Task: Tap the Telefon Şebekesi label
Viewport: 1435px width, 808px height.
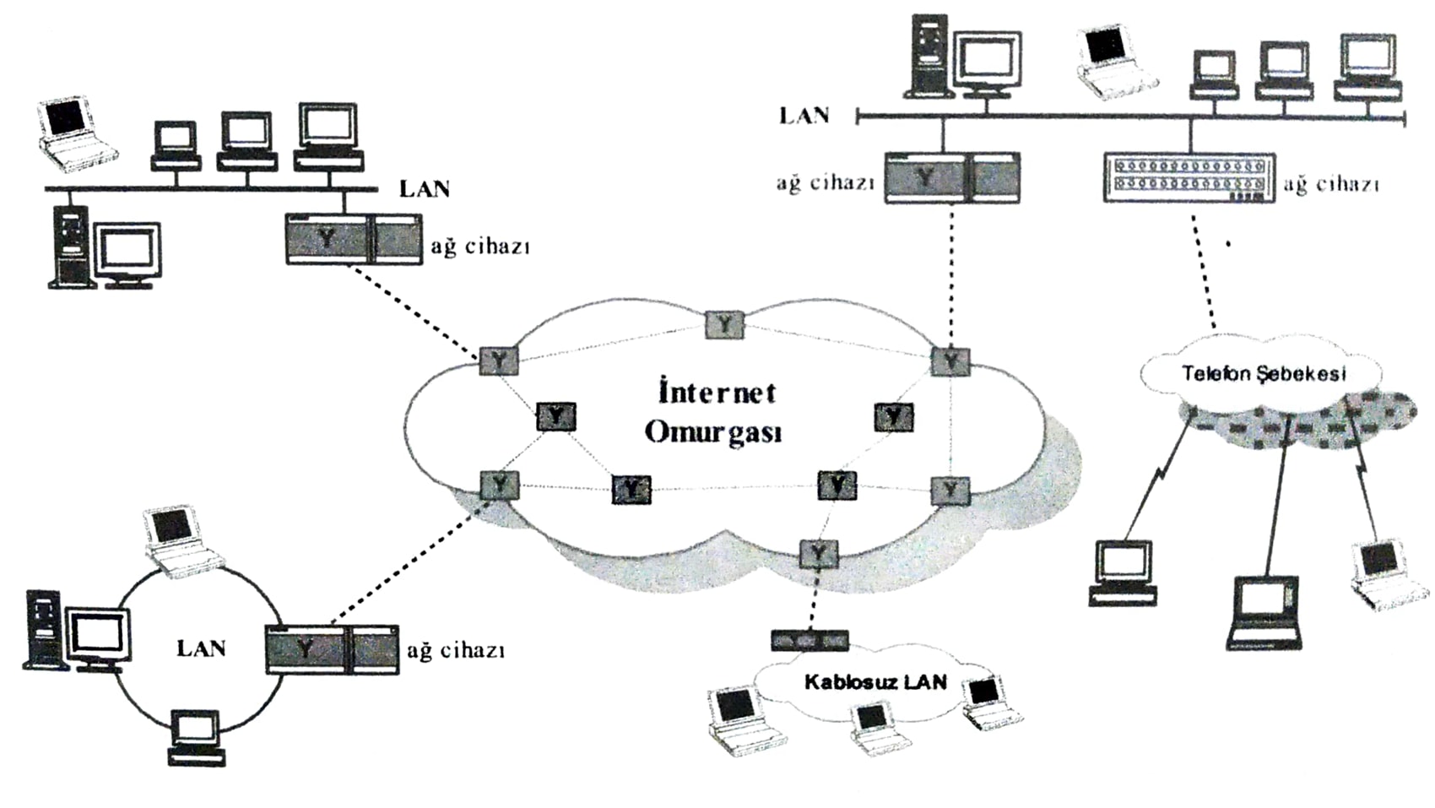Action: pos(1264,372)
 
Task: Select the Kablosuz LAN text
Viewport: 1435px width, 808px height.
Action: pos(875,681)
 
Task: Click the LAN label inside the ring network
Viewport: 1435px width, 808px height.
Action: pos(201,648)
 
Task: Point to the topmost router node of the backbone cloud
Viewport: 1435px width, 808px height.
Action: pos(724,324)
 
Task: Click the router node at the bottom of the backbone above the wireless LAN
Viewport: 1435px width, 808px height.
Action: pos(817,554)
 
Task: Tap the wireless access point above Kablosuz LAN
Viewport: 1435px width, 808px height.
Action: pos(809,640)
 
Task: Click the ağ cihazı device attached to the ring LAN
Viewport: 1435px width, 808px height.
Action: pos(332,648)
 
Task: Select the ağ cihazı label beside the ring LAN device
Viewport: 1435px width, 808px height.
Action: pos(456,650)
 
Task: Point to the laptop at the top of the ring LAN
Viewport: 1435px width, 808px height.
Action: pos(181,540)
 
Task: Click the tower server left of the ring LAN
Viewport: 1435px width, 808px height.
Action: pos(44,629)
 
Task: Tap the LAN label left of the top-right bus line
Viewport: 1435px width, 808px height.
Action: pos(804,116)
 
